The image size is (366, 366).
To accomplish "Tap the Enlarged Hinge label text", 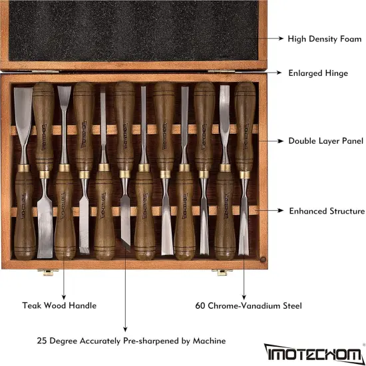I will tap(318, 73).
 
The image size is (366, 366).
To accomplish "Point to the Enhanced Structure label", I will tap(327, 211).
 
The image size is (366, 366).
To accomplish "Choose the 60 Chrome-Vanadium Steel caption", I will tap(249, 305).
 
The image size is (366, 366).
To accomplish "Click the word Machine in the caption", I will tap(210, 341).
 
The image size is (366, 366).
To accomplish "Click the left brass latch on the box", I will tap(45, 272).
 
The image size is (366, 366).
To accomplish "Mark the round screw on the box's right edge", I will tap(264, 260).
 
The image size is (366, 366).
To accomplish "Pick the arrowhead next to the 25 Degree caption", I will tap(125, 328).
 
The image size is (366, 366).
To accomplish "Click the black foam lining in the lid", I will tap(133, 30).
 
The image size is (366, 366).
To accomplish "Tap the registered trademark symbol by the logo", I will tap(363, 345).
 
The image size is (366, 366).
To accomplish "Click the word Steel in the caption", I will tap(290, 305).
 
